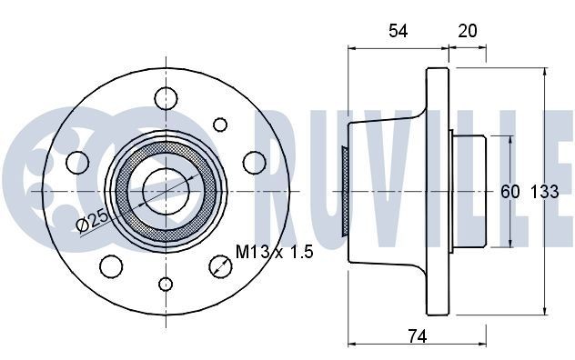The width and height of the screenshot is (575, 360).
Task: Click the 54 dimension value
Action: click(398, 32)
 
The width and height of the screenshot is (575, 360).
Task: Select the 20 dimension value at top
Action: click(468, 32)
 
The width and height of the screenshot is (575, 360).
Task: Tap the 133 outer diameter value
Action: click(544, 193)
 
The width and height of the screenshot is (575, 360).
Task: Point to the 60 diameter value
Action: click(509, 193)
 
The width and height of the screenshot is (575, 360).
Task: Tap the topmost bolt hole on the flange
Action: click(166, 97)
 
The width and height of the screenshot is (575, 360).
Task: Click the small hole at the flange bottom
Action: click(165, 284)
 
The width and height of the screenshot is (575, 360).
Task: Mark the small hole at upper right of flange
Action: click(219, 123)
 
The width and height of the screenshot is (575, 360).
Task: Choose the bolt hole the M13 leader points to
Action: click(219, 265)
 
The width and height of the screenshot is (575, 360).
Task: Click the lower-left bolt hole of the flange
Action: click(111, 265)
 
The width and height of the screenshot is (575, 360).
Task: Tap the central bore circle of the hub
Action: click(165, 191)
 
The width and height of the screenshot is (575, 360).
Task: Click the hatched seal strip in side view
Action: click(346, 192)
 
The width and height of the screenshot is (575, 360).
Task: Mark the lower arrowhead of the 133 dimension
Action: click(543, 310)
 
